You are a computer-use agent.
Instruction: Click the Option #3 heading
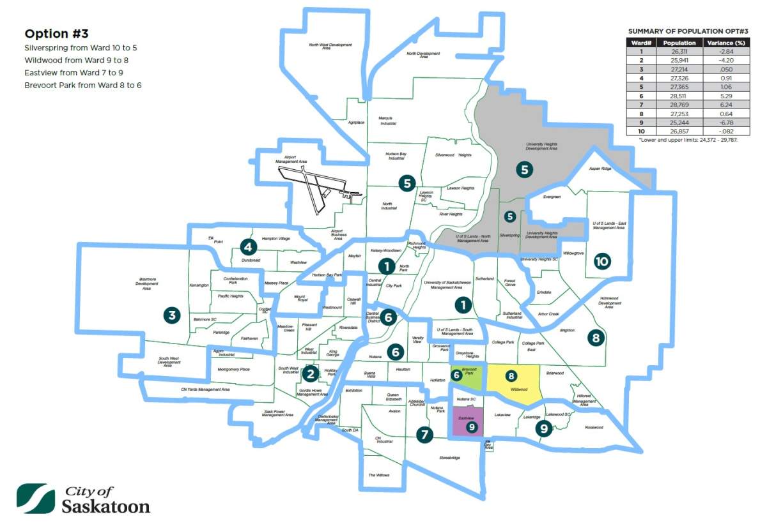pos(56,34)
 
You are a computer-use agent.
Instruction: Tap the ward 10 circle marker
pos(601,261)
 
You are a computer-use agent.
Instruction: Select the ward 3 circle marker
pos(171,314)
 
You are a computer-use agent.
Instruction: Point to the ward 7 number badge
pos(424,435)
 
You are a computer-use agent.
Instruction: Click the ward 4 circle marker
pos(248,246)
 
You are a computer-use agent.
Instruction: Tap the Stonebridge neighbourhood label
pos(450,458)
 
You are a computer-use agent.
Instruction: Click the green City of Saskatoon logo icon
pos(36,499)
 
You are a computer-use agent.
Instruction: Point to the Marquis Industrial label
pos(388,120)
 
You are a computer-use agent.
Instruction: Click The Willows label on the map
pos(379,475)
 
